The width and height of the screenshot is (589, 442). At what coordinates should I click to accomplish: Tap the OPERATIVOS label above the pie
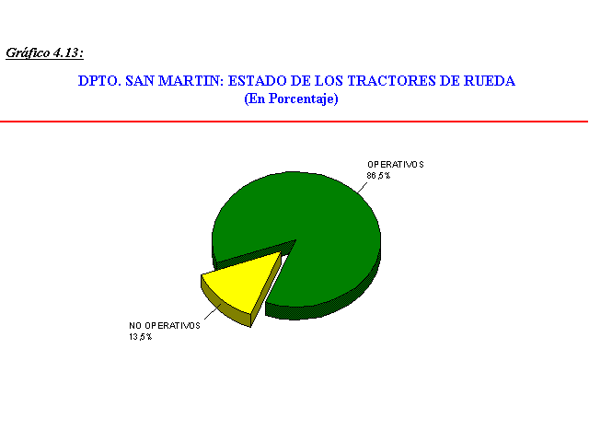click(396, 165)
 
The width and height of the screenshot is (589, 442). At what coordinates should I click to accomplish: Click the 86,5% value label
click(378, 176)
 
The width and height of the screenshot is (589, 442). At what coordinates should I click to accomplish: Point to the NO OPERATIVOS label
click(165, 326)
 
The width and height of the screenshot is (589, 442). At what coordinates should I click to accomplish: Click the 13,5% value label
click(141, 337)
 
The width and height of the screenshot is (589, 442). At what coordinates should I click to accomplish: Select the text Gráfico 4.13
click(44, 53)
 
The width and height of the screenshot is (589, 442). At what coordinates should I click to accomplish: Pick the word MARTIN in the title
click(191, 81)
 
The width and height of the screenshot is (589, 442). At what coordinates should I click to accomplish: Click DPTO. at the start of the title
click(99, 81)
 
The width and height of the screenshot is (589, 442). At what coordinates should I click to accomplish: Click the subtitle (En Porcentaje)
click(291, 99)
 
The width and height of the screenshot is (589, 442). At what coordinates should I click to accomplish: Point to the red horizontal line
click(294, 122)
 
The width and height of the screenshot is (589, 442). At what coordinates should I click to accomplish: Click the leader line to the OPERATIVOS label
click(362, 188)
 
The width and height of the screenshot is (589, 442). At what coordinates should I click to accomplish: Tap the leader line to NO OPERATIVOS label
click(213, 311)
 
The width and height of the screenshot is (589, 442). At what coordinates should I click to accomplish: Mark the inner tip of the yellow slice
click(281, 252)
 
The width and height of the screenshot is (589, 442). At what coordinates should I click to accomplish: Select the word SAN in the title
click(139, 81)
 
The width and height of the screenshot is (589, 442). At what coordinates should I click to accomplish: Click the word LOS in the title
click(328, 81)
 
